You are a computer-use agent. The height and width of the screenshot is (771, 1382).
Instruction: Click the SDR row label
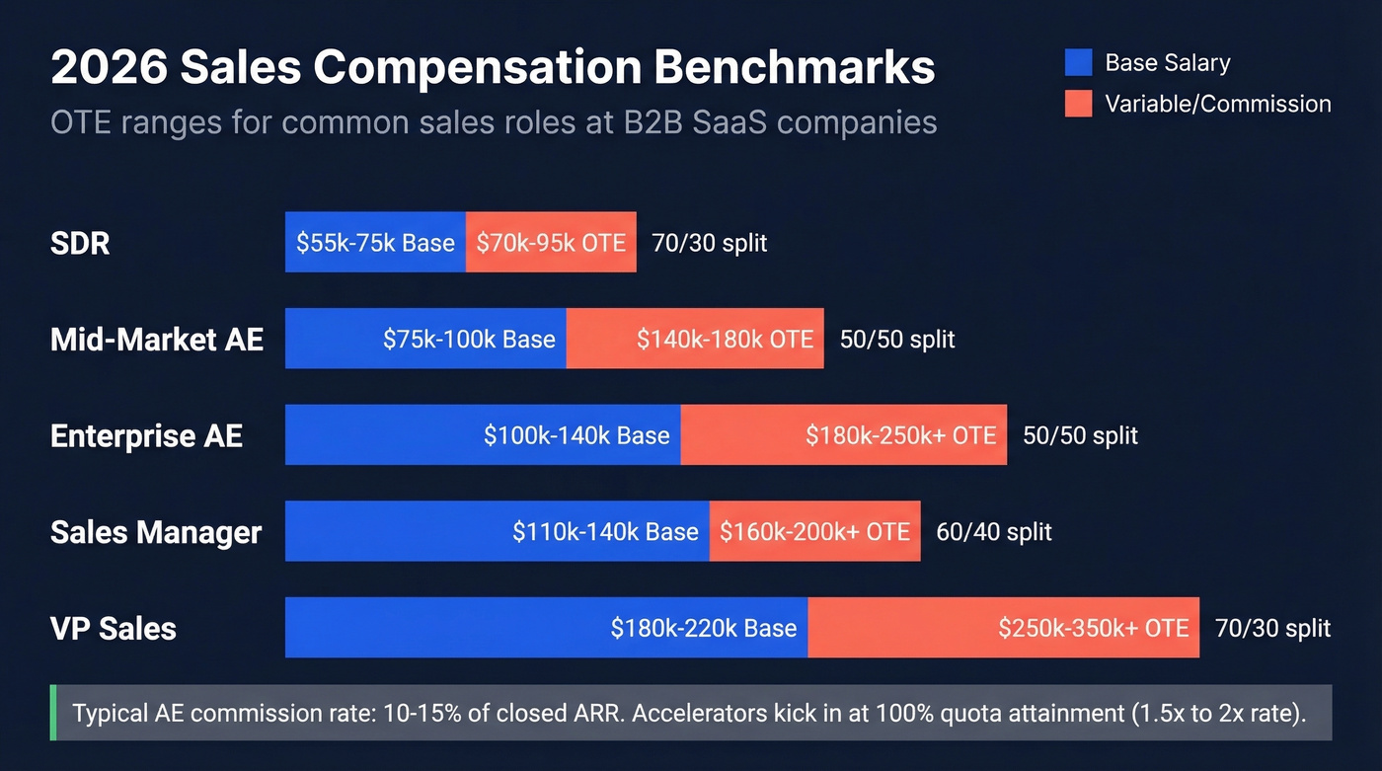tap(80, 243)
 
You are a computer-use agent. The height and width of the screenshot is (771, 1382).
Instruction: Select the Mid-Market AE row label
tap(157, 340)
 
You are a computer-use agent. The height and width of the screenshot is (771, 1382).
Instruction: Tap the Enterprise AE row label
tap(146, 435)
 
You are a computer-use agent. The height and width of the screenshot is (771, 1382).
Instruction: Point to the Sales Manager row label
tap(156, 532)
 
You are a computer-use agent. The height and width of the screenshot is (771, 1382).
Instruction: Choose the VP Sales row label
tap(114, 629)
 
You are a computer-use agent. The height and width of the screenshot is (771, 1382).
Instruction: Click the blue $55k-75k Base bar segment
tap(375, 243)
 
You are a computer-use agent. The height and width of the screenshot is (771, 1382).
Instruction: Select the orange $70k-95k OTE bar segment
tap(551, 243)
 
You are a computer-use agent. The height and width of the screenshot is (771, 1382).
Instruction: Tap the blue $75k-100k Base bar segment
tap(425, 340)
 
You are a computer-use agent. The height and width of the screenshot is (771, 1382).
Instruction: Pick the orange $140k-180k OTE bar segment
tap(695, 340)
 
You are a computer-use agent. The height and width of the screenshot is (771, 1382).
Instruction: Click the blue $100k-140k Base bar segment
tap(483, 435)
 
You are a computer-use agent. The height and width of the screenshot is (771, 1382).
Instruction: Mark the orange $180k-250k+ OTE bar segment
tap(844, 435)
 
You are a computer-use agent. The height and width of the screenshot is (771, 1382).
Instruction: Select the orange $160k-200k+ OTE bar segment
tap(814, 532)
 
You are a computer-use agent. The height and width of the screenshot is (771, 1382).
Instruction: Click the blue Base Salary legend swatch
tap(1079, 63)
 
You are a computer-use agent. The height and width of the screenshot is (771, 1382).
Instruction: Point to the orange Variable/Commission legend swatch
tap(1079, 104)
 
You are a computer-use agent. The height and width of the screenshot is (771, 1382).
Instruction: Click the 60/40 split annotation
tap(994, 532)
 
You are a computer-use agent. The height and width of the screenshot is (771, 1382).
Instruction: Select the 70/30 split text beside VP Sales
tap(1272, 629)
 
